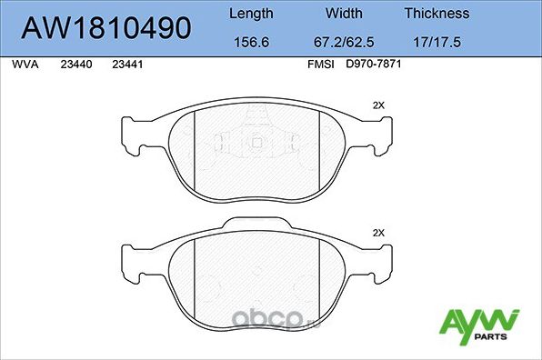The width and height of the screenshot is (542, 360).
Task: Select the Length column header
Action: point(251,14)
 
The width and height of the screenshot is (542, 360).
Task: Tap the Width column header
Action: point(345,14)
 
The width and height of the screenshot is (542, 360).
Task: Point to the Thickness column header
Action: point(437,14)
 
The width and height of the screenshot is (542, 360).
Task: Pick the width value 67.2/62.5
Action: point(345,41)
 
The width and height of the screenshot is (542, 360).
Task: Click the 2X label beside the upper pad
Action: point(379,105)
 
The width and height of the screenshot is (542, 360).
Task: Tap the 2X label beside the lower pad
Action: point(379,234)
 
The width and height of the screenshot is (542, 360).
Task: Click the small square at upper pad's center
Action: point(256,141)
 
